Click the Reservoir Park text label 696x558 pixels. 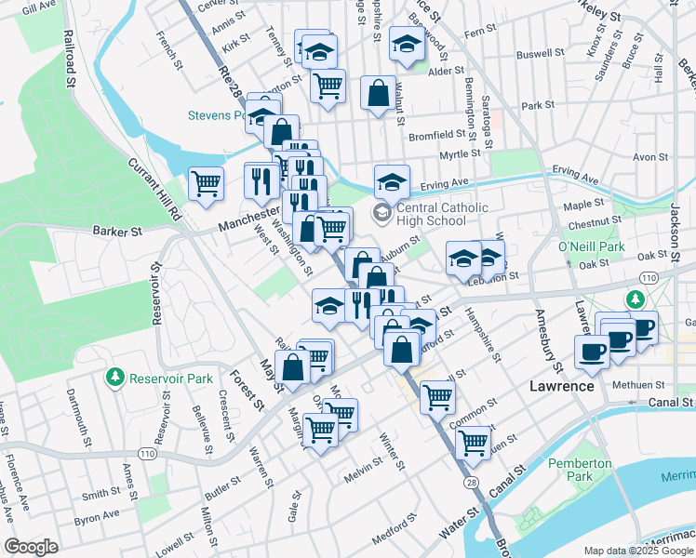tap(172, 379)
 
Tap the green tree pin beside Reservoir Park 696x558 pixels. tap(115, 378)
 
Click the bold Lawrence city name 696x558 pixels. tap(561, 386)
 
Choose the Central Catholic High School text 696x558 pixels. tap(436, 214)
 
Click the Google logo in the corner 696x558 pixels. tap(31, 547)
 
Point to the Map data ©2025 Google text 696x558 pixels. tap(638, 551)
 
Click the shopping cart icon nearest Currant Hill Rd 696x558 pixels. tap(205, 181)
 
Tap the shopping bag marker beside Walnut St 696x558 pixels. tap(378, 92)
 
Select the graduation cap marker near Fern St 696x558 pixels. tap(407, 44)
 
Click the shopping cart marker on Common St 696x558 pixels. tap(437, 397)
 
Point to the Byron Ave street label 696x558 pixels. tap(97, 514)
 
